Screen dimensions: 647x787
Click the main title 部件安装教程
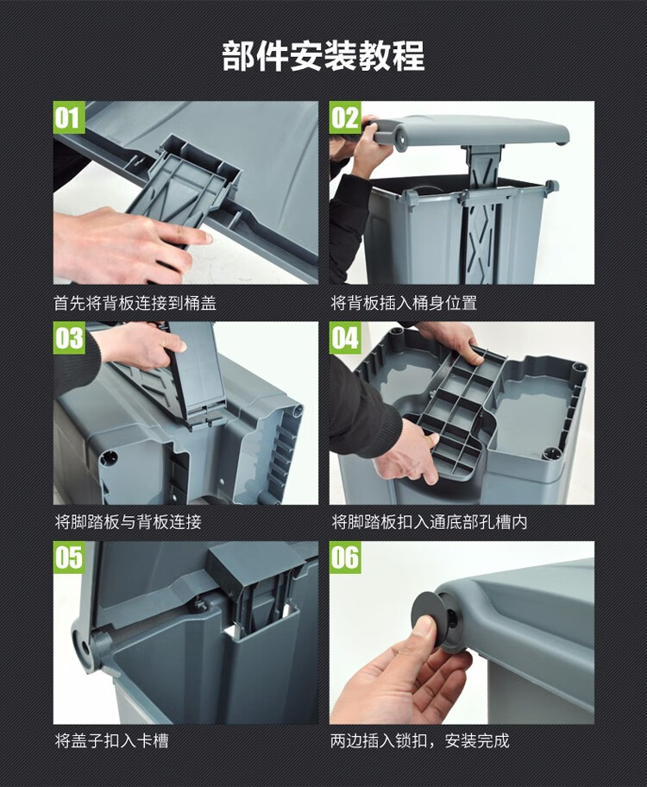pyautogui.click(x=323, y=56)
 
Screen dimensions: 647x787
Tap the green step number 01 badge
pyautogui.click(x=69, y=118)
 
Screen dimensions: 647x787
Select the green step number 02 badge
pyautogui.click(x=345, y=118)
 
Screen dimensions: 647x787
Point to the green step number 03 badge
pyautogui.click(x=69, y=337)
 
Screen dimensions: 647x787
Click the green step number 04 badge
pyautogui.click(x=345, y=337)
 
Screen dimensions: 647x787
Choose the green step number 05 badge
pyautogui.click(x=69, y=557)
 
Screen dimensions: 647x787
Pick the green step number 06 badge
pyautogui.click(x=345, y=557)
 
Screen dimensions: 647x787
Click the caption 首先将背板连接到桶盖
pyautogui.click(x=135, y=303)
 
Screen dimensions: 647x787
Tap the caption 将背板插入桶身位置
pyautogui.click(x=404, y=303)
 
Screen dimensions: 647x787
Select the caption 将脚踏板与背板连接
pyautogui.click(x=128, y=522)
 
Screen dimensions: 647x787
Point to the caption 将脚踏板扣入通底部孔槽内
pyautogui.click(x=429, y=522)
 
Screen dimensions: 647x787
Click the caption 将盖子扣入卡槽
pyautogui.click(x=111, y=740)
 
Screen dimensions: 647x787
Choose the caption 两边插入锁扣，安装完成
pyautogui.click(x=419, y=740)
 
